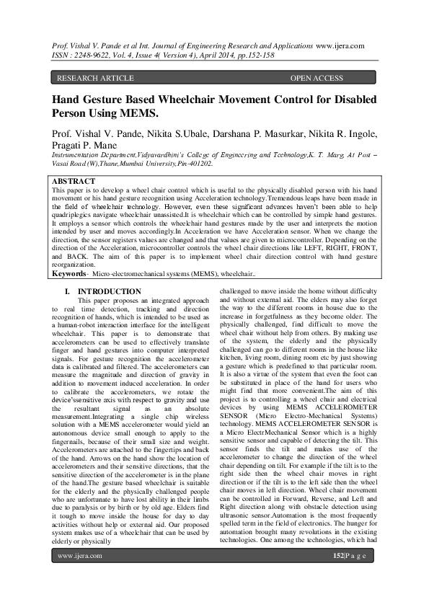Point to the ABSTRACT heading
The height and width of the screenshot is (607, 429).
74,181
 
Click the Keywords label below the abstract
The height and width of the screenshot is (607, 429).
69,275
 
